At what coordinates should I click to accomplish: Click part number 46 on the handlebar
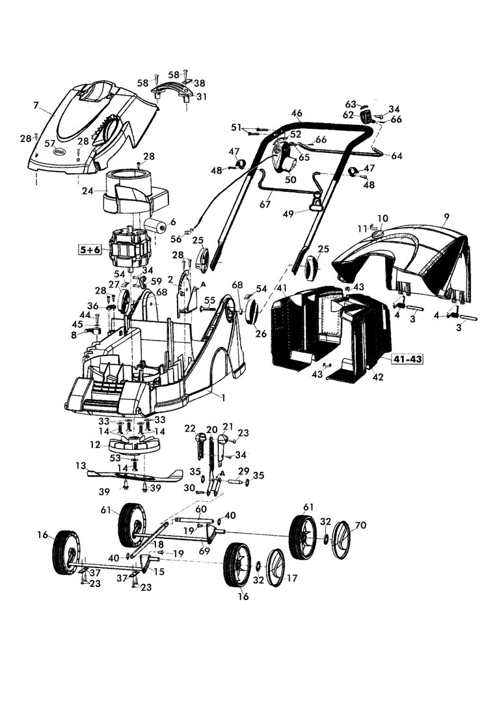pos(297,113)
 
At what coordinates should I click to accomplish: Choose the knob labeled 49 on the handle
pos(317,206)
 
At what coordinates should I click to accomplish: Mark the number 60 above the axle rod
pos(201,508)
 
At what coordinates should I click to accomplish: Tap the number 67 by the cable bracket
pos(265,204)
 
